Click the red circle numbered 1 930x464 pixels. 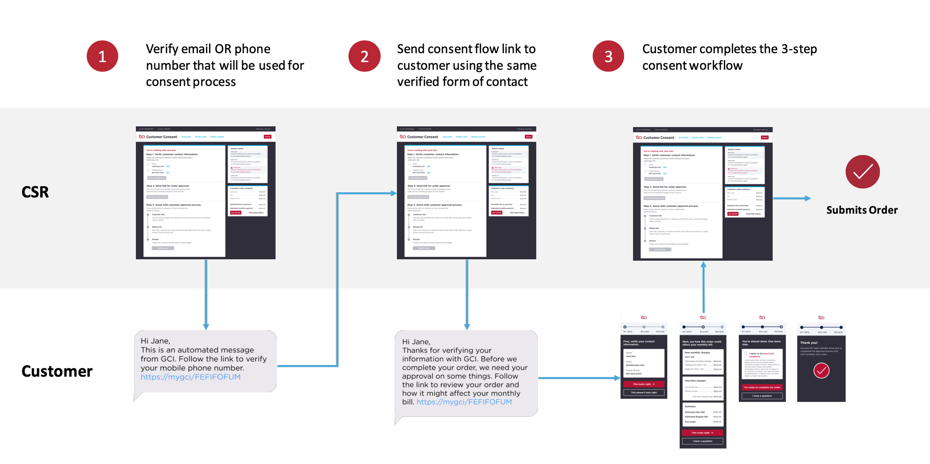pos(102,56)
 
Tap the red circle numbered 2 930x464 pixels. pos(364,56)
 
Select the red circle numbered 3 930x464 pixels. pos(608,56)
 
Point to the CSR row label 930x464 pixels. pos(35,192)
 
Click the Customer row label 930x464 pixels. pos(57,371)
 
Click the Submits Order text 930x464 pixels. pos(862,210)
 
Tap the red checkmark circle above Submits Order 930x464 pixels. pos(863,172)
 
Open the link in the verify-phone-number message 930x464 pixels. pos(190,377)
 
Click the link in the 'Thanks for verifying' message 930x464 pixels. pos(464,402)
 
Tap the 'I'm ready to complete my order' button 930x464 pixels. pos(762,387)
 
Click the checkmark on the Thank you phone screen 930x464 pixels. pos(821,370)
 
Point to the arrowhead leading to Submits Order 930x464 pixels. pos(808,198)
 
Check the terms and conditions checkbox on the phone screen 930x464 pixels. pos(745,354)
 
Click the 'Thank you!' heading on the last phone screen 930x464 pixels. pos(809,343)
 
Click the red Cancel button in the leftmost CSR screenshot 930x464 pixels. pos(267,137)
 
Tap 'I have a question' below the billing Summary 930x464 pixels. pos(702,441)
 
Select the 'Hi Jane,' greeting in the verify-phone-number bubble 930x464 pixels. pos(155,341)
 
